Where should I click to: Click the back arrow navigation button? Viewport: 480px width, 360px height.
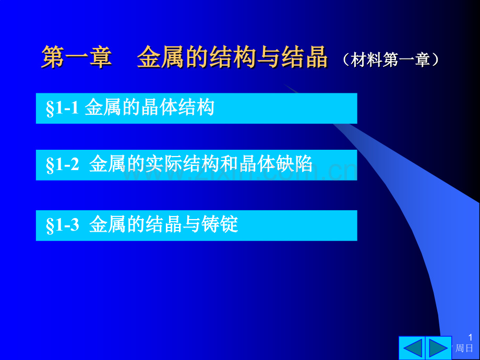pyautogui.click(x=413, y=348)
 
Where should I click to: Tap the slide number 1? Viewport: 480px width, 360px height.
pyautogui.click(x=471, y=338)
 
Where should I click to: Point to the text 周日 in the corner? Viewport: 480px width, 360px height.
pyautogui.click(x=464, y=349)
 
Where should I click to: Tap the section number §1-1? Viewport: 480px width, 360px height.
pyautogui.click(x=62, y=109)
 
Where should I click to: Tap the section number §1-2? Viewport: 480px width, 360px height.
pyautogui.click(x=63, y=165)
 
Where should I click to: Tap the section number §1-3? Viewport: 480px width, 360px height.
pyautogui.click(x=63, y=225)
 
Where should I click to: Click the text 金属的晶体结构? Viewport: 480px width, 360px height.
pyautogui.click(x=149, y=108)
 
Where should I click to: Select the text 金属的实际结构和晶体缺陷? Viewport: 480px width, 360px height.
pyautogui.click(x=201, y=164)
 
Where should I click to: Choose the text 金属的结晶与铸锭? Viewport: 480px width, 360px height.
pyautogui.click(x=163, y=225)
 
